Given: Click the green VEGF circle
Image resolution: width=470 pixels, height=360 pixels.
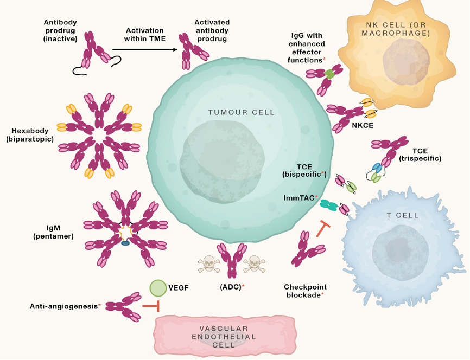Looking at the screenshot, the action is coord(158,288).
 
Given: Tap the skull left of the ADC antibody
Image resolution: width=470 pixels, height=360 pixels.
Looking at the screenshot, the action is coord(209,264).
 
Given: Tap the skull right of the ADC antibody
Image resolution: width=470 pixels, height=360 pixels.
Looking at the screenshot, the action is coord(254,264).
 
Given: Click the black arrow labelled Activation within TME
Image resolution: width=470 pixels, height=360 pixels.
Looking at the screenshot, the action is coord(145,50).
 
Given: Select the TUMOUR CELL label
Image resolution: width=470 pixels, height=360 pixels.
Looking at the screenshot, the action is coord(242,112).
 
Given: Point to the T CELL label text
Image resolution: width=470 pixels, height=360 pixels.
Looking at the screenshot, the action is coord(402,215).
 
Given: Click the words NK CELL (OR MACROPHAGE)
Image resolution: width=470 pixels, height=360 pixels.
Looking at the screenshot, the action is coord(396,29).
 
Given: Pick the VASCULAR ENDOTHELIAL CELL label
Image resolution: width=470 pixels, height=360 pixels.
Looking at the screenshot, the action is coord(224,337).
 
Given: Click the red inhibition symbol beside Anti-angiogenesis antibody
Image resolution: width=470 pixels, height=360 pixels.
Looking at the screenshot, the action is coord(151,306).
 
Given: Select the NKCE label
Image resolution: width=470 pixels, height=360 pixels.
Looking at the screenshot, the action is coord(363,125).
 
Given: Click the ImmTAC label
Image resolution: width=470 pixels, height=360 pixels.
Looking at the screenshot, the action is coord(300,198).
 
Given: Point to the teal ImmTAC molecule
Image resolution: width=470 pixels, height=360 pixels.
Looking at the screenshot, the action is coord(329,205).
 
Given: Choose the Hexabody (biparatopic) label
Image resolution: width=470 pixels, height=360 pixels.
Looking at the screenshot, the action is coord(30,135).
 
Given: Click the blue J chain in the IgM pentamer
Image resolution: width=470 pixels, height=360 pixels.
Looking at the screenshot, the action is coord(125,243).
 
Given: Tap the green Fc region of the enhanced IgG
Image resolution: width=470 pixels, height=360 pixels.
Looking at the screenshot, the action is coord(329,74).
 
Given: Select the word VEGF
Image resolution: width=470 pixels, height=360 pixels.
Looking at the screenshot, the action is coord(179,288).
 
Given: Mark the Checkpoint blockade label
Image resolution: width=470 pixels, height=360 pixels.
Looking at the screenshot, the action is coord(305,291).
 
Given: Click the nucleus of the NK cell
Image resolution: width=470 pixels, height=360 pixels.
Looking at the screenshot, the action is coord(403,61).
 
